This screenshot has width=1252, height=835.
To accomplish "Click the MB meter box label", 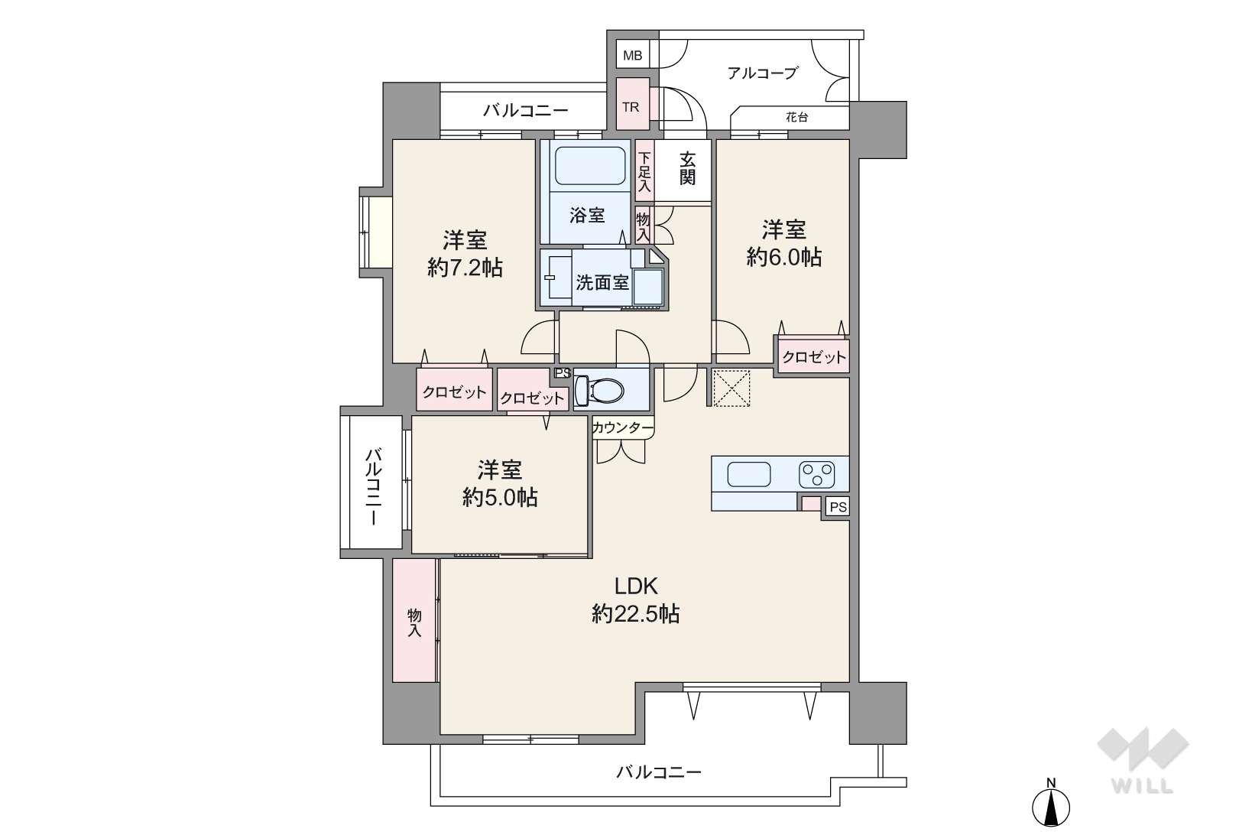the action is coord(633,55).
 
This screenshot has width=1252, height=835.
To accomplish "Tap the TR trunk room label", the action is coord(631,107).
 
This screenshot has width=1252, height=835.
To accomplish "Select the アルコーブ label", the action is coord(762,73).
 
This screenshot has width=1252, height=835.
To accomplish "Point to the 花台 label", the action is coord(796,118).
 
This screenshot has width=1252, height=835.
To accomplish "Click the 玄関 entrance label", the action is coord(687,168).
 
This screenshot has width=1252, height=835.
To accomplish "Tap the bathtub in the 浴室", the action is coord(589,165).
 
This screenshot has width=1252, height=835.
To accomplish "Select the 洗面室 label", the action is coord(602,283).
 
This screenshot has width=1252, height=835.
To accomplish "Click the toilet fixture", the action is coord(598,390).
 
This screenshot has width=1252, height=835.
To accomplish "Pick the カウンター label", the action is coord(623,428).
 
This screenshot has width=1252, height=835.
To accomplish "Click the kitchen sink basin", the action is coord(749,475).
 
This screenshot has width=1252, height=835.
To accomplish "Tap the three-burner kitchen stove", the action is coord(817,475).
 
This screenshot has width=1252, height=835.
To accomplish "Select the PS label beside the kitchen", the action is coord(838,507).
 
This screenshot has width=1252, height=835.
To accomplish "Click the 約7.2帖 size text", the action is coord(465,268).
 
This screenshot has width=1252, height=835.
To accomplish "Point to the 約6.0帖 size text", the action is coord(784,257).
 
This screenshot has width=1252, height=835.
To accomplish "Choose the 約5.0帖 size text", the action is coord(500,497).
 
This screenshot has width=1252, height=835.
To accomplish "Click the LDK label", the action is coord(636,586).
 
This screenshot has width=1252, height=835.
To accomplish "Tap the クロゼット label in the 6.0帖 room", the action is coord(814,357).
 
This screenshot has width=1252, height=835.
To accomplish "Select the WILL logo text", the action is coord(1143,786).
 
